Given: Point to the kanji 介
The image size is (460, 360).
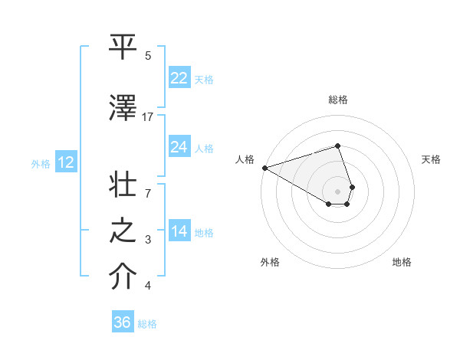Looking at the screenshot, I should click(123, 277).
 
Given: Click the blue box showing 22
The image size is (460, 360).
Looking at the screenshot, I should click(179, 78).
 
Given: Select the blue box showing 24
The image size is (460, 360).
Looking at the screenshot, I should click(179, 147).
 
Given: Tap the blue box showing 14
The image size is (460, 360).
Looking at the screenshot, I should click(179, 232).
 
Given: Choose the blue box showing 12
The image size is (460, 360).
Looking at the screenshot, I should click(66, 162).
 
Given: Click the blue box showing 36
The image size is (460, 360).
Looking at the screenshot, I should click(123, 322).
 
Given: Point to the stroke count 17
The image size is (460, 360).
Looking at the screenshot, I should click(148, 117).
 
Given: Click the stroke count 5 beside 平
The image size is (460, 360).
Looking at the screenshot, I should click(148, 56).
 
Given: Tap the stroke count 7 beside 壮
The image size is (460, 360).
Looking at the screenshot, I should click(148, 185).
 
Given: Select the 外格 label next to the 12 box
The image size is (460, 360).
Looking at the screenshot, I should click(41, 163).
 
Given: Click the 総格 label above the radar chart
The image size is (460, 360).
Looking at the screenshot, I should click(338, 100).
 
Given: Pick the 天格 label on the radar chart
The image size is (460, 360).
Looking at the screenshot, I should click(431, 159).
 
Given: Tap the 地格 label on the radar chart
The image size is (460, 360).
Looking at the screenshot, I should click(402, 262).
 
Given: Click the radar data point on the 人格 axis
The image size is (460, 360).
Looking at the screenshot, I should click(264, 168).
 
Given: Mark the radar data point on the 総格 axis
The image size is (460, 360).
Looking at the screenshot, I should click(338, 146).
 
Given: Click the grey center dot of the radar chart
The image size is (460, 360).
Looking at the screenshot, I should click(338, 191).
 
